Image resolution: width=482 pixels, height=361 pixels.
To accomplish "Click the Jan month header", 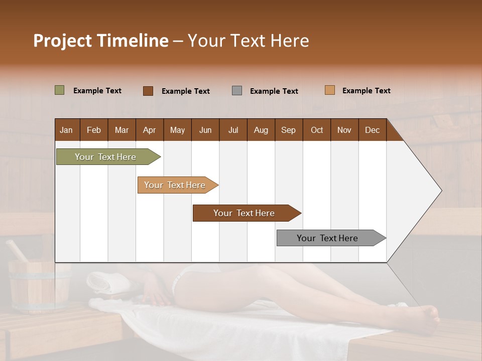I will coord(67,130).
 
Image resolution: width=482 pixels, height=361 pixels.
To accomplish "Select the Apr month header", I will coord(150,130).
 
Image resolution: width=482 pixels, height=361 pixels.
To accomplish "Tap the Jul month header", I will coord(233,130).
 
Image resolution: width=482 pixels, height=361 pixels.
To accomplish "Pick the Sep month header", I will coord(288,130).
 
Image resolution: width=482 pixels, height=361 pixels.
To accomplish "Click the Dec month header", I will coord(372,130).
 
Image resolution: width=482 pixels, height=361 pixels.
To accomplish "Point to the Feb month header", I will coord(94,130).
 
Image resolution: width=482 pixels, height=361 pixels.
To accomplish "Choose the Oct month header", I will coord(317,130).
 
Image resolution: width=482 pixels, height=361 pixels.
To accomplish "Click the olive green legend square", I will coord(59,90).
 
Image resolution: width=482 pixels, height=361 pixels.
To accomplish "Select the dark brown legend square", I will coord(148,91).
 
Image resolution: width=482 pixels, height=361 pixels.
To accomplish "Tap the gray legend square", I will coord(237,91).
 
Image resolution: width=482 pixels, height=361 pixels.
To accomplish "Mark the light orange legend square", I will coord(329,90).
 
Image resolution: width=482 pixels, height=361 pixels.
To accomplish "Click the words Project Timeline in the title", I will coord(101,41).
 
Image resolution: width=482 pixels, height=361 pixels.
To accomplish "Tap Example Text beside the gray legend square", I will coord(274,91).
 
